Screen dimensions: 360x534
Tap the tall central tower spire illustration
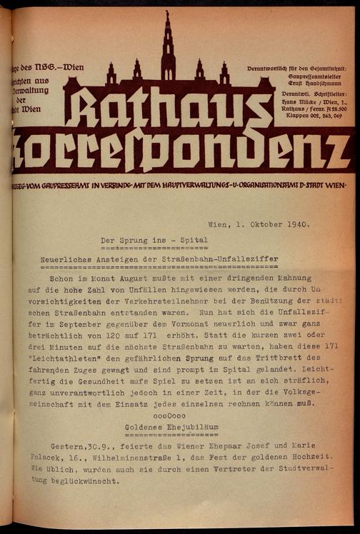[x=168, y=43]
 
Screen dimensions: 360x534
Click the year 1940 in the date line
[x=295, y=223]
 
